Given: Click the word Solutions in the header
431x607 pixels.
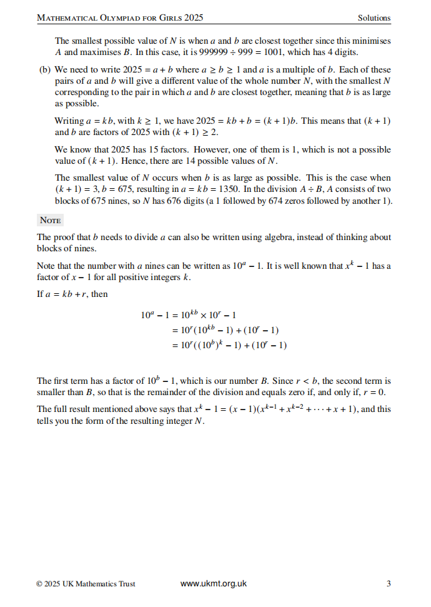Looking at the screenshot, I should click(374, 18).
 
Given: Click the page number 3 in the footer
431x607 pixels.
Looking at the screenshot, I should click(389, 584).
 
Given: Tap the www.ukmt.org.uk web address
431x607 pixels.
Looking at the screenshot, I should click(214, 584).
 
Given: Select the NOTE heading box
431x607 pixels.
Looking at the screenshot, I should click(50, 220).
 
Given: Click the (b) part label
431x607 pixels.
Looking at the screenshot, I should click(44, 70).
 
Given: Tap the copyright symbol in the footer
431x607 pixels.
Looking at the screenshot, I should click(39, 584).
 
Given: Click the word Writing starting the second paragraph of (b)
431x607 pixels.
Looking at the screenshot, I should click(69, 121).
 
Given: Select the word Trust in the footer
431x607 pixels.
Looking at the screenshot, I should click(126, 584).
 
